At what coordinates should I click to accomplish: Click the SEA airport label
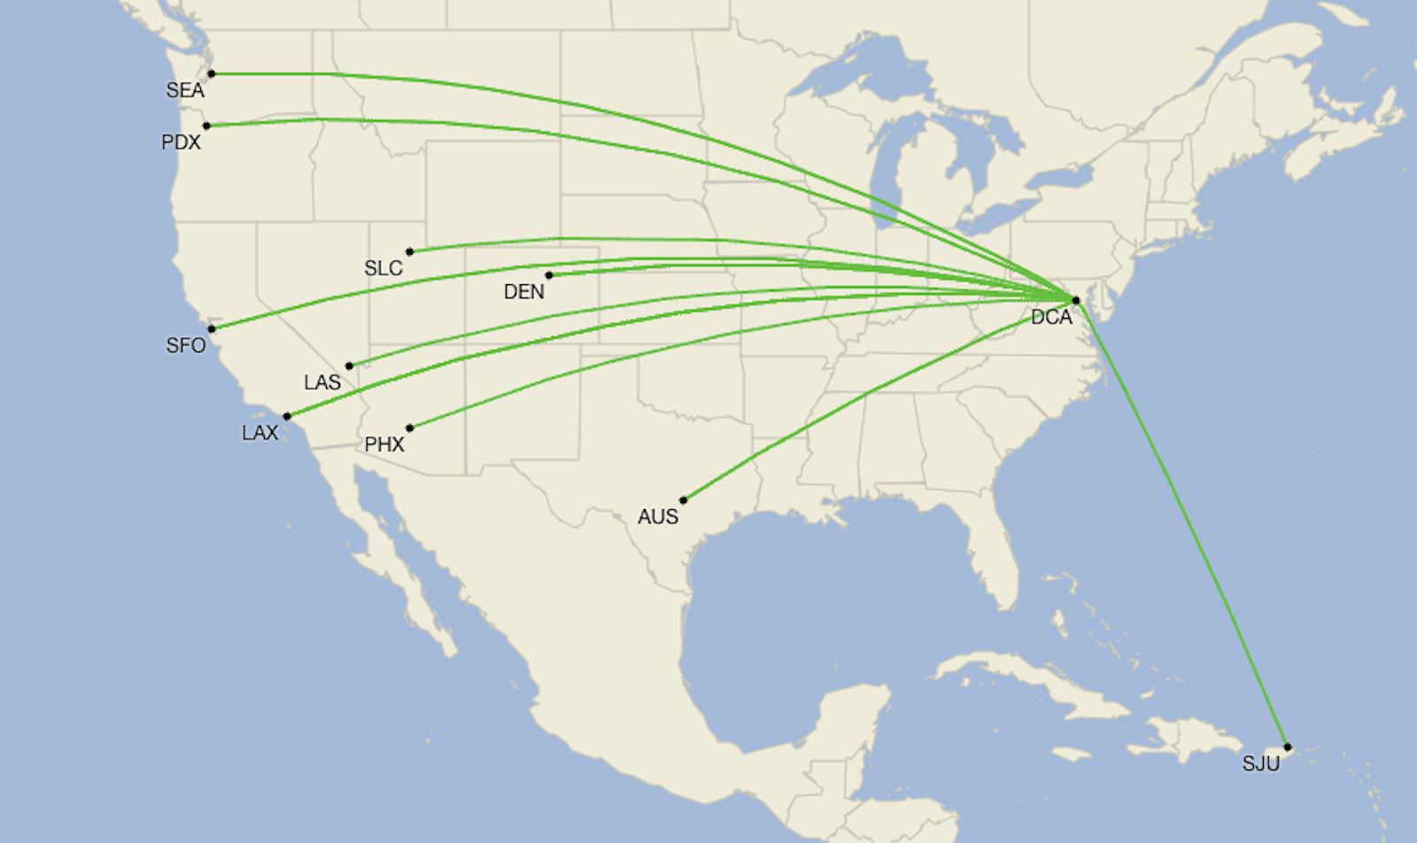click(185, 90)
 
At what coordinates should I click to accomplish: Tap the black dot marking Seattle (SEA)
click(212, 74)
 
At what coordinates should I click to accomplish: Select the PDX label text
click(181, 142)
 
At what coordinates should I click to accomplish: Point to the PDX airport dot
click(206, 126)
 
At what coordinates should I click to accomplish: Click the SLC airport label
click(383, 268)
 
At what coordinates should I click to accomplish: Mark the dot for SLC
click(410, 252)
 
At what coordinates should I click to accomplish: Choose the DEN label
click(523, 291)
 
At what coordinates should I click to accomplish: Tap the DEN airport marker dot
click(549, 275)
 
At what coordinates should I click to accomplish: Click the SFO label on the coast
click(186, 345)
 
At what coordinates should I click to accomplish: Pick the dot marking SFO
click(212, 329)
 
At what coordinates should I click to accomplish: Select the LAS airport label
click(322, 383)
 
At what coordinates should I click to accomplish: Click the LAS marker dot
click(350, 366)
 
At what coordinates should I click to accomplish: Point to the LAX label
click(260, 433)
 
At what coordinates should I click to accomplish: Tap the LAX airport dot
click(287, 416)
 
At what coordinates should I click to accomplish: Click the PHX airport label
click(384, 445)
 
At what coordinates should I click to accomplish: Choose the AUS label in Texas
click(658, 516)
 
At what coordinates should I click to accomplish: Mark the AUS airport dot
click(684, 500)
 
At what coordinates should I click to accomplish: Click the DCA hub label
click(1051, 317)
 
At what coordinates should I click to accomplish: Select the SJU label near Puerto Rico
click(1261, 763)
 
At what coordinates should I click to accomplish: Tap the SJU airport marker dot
click(1288, 747)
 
